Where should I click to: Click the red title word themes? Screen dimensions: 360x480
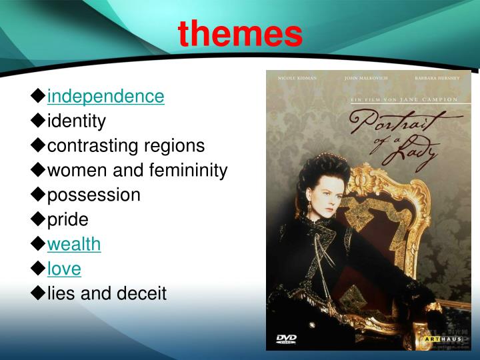240,33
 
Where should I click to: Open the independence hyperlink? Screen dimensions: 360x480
105,97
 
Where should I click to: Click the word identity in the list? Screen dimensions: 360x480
76,121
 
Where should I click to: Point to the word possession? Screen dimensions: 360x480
93,195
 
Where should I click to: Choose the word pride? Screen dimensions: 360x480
67,219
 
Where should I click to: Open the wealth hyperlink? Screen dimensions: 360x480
74,244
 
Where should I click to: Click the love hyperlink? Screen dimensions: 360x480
64,269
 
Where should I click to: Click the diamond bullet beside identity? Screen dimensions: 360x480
38,121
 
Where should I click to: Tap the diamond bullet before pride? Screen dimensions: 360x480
38,219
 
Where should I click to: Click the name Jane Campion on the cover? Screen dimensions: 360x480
437,99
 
